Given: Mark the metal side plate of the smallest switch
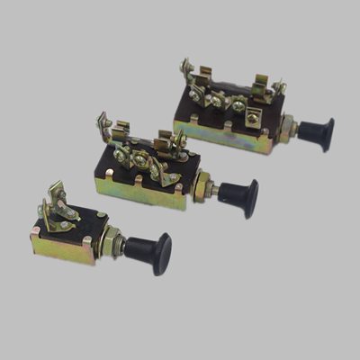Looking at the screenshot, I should (63, 249).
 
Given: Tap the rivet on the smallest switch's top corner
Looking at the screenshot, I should (101, 215).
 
